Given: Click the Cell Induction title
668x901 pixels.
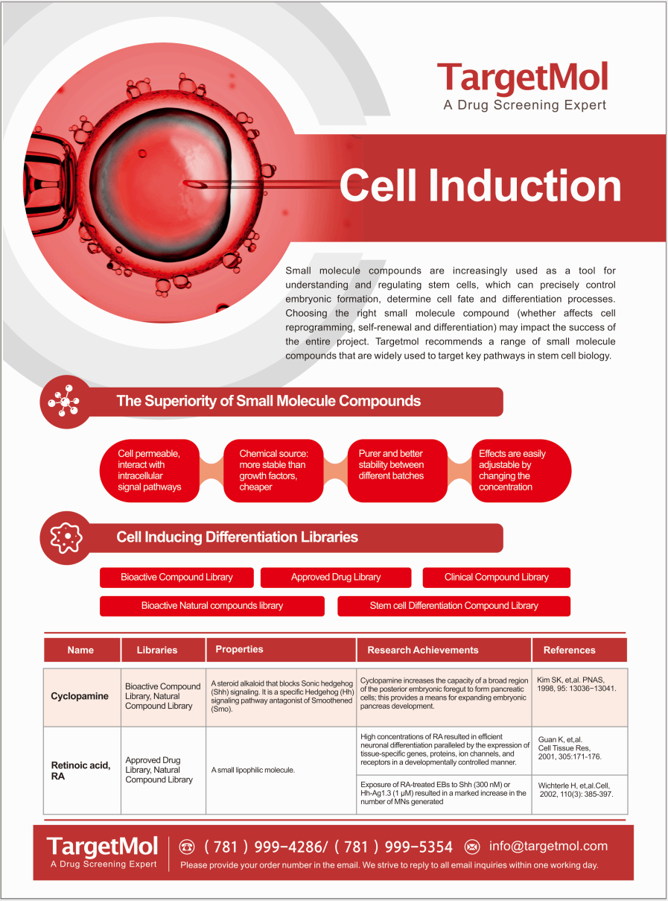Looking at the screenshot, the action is point(480,186).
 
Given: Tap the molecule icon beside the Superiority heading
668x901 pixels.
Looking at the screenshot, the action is point(65,402).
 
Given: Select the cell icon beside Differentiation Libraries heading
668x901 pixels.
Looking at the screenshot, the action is point(66,537).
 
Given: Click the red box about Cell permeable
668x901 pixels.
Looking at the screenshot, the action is point(150,470).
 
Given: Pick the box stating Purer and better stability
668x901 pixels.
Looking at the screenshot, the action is point(397,470).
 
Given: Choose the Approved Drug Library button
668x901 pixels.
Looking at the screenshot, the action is point(336,578).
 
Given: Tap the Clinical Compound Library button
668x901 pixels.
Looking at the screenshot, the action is point(496,578).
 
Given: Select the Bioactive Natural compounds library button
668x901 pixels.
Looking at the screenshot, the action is point(212,606).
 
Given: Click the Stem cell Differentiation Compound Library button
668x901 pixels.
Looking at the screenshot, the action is point(454,606).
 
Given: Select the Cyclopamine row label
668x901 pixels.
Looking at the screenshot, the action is point(80,696).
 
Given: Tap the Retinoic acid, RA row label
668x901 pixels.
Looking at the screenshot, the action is point(81,771).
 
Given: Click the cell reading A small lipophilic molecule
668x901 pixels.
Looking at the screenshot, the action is point(253,770).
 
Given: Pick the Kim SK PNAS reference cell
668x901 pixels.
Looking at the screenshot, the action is point(576,684).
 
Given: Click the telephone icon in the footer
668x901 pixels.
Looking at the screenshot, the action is point(187,847).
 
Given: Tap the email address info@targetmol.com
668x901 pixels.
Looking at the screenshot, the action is point(548,846).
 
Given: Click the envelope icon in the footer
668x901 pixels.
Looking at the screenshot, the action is point(472,847).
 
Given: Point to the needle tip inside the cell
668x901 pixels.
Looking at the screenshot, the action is point(185,183).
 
